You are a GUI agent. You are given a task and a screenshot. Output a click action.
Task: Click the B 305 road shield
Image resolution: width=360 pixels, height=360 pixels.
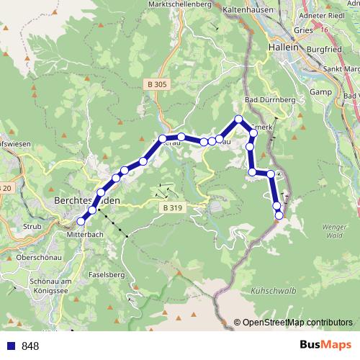point(156,84)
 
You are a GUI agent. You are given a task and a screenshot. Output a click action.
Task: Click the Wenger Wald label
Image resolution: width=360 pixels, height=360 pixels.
point(332,230)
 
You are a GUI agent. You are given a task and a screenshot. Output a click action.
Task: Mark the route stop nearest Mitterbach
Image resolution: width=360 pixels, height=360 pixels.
point(81,221)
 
